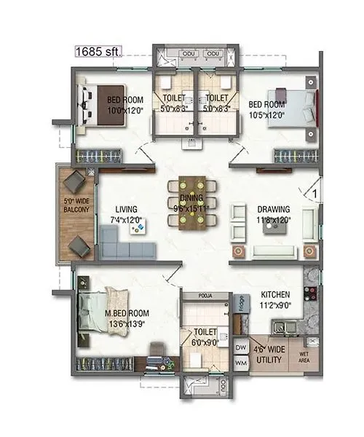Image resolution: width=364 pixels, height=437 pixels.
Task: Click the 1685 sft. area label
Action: coord(98,51)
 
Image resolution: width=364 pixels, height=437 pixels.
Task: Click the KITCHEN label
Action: coord(275,296)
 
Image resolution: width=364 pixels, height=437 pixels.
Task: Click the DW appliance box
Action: coord(241,348)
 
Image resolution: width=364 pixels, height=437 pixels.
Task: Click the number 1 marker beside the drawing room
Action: coord(312,193)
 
